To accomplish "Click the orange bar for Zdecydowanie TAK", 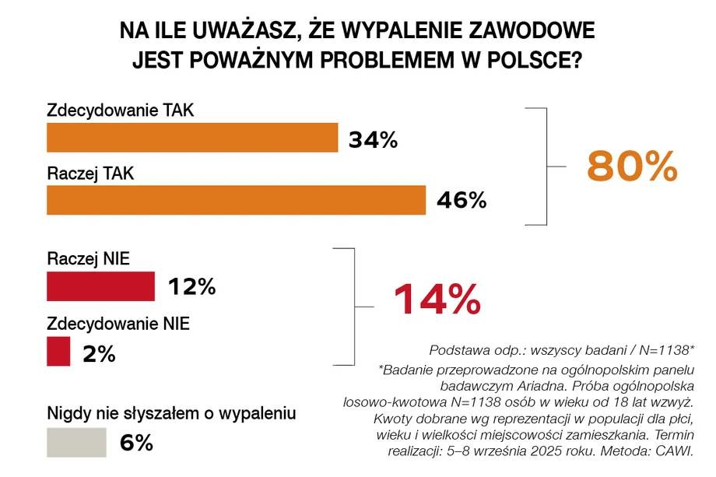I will (x=192, y=138).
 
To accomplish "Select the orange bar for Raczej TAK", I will (x=236, y=200).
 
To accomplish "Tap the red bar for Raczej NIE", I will (x=101, y=286).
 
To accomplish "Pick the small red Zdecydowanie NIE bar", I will (x=59, y=352).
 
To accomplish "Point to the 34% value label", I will (x=373, y=140).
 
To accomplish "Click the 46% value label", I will (x=461, y=201).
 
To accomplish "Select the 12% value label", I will (x=191, y=287).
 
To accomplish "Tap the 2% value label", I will (x=98, y=354).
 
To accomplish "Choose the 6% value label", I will (x=136, y=444).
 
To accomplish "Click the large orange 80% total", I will (x=632, y=166).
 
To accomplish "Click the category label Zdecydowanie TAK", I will (x=120, y=110).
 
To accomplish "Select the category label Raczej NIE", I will (x=88, y=258).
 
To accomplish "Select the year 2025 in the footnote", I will (x=556, y=451).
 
